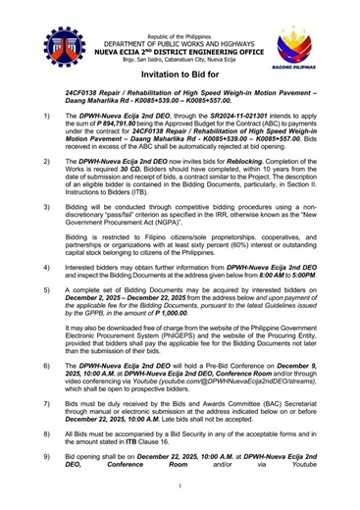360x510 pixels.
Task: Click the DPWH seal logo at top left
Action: tap(65, 45)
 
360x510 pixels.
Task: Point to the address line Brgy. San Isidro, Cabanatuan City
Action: tap(180, 59)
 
